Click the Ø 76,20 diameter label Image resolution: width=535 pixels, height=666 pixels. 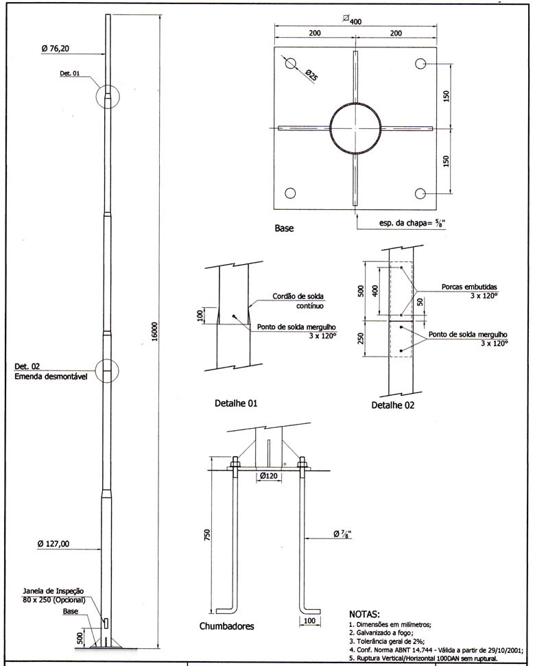coord(55,49)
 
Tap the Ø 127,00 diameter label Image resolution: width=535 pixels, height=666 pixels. coord(53,544)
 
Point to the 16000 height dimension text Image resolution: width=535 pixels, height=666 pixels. coord(154,331)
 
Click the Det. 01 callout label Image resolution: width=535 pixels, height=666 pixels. coord(70,73)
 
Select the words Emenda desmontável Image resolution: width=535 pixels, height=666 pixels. coord(51,377)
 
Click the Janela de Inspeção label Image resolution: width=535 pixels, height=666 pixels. coord(53,591)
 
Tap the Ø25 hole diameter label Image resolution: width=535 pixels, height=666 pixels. coord(312,75)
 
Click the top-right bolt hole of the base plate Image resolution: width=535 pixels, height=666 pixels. coord(420,64)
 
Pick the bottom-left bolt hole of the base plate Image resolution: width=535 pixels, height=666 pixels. coord(290,193)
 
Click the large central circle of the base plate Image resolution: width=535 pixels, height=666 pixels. coord(355,102)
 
